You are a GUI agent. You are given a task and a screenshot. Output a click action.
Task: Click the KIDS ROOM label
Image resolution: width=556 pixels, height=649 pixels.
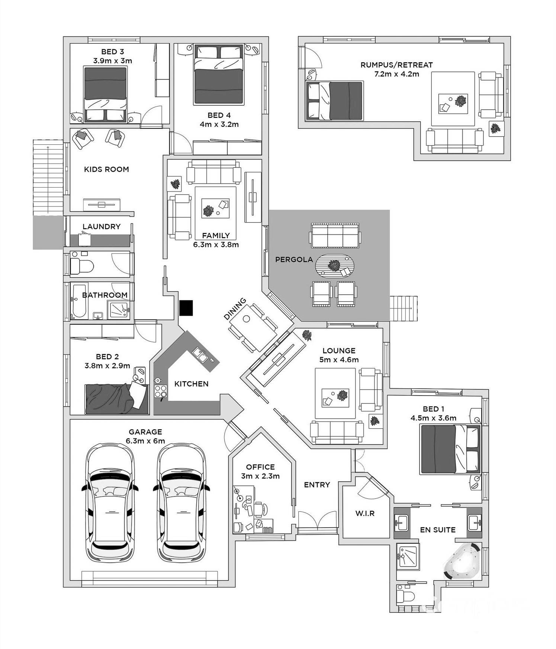(106, 169)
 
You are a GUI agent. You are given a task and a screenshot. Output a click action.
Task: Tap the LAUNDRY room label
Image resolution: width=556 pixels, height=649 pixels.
(102, 226)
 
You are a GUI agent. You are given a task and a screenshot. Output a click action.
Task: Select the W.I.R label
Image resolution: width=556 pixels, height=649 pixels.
(365, 514)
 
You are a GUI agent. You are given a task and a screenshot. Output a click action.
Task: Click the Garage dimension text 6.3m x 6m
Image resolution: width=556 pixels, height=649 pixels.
(145, 441)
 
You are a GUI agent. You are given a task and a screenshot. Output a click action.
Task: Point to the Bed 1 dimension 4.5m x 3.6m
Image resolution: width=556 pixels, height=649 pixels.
(433, 418)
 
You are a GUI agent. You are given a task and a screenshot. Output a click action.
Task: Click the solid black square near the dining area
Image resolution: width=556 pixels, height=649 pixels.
(186, 308)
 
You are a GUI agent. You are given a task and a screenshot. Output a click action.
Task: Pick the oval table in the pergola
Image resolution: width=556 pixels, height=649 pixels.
(335, 266)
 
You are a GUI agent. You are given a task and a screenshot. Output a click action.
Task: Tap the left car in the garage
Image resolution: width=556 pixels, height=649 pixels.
(110, 503)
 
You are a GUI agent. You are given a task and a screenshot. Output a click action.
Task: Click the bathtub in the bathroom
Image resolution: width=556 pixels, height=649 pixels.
(79, 301)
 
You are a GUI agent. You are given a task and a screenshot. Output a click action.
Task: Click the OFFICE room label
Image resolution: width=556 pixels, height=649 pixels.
(260, 467)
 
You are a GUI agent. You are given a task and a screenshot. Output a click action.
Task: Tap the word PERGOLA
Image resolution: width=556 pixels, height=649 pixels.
(294, 259)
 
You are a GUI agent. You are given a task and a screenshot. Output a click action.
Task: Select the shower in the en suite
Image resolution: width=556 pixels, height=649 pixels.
(408, 556)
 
